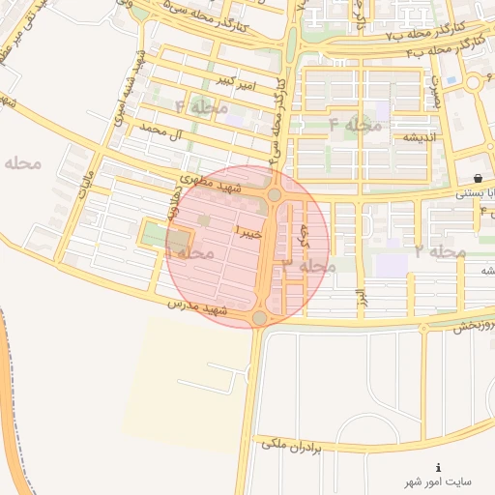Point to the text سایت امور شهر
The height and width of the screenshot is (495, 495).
pos(439,480)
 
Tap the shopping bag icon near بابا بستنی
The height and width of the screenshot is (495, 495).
pos(480,177)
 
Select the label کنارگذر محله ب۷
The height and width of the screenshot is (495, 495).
pos(391,36)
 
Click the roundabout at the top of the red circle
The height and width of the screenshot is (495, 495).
pos(275,195)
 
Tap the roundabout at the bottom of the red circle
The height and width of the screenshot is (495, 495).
pos(259,318)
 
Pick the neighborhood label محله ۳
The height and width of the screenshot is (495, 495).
pos(309,264)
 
